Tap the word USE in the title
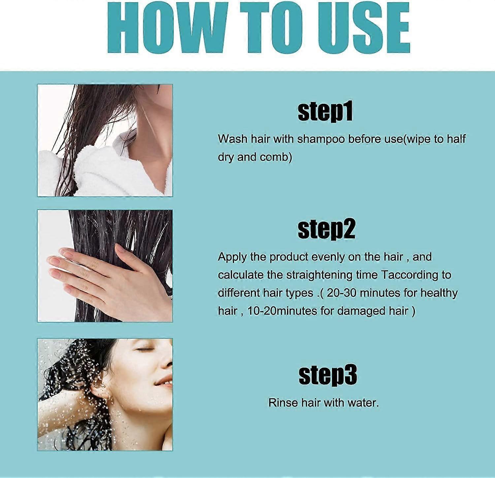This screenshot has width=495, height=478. click(x=352, y=28)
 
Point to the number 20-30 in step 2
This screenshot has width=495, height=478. click(x=342, y=293)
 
